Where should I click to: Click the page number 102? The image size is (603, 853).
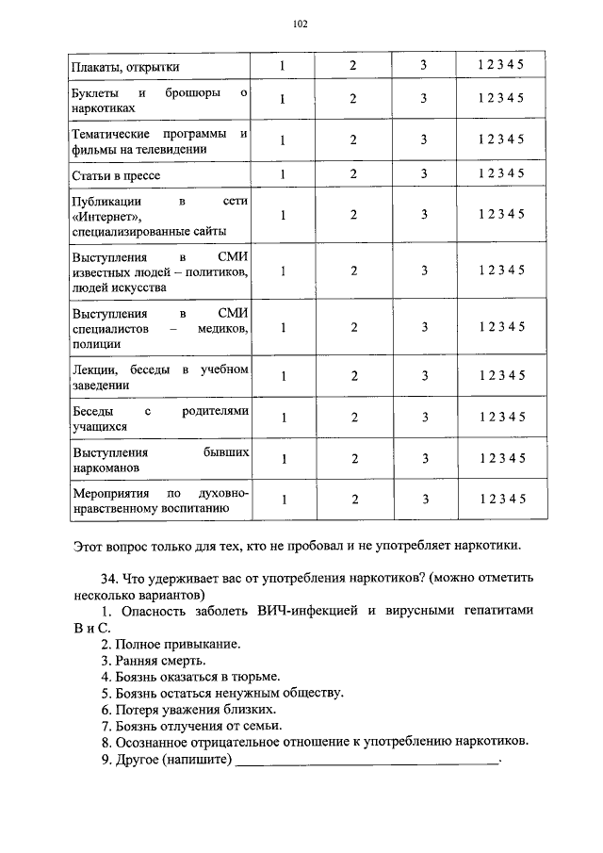[x=301, y=24]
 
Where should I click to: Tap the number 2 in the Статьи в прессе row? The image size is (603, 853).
[x=353, y=173]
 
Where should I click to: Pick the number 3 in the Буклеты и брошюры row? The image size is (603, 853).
[x=424, y=99]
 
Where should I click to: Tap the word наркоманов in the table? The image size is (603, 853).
[x=106, y=468]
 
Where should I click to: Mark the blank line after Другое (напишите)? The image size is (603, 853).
[x=367, y=759]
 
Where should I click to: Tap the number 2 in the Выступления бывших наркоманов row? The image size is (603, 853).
[x=353, y=459]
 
